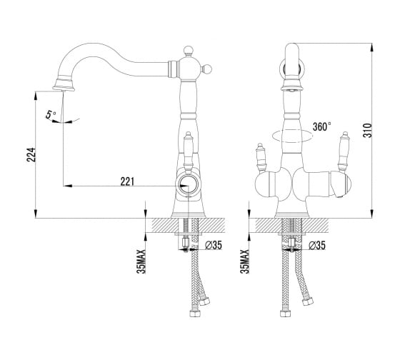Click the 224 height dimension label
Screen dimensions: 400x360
coord(31,154)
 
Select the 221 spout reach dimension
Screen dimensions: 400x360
coord(127,181)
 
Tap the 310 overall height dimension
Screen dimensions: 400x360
coord(368,131)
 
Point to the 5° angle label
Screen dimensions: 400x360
coord(51,114)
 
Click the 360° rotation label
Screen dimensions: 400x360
coord(322,126)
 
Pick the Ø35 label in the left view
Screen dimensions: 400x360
coord(214,245)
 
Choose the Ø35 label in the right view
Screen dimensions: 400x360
coord(317,245)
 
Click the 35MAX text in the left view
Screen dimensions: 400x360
coord(141,261)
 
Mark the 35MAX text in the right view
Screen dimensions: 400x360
coord(244,261)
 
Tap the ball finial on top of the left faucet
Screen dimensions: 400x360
coord(188,50)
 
